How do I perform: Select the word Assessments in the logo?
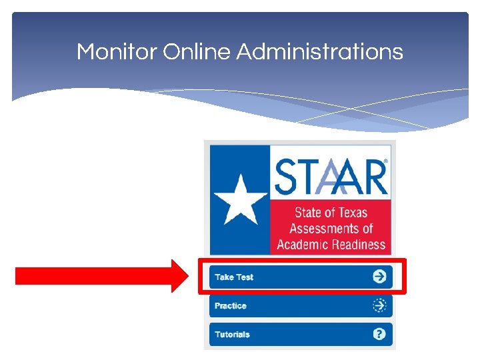[323, 229]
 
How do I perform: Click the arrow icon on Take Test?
[379, 277]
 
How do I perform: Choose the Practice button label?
[231, 306]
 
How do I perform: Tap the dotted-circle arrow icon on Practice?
[379, 306]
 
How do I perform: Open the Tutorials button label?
[232, 335]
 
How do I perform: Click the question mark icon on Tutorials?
[379, 335]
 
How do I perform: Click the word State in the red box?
[308, 213]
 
